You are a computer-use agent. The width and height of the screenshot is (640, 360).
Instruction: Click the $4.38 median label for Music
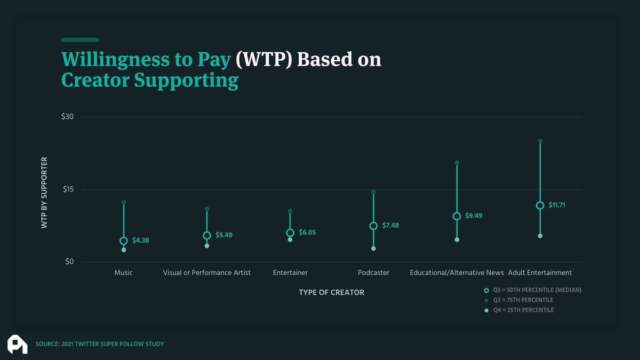pos(141,241)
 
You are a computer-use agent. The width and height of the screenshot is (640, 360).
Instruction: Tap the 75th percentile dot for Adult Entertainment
pos(540,141)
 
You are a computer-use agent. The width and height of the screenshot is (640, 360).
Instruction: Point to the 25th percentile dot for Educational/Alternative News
pos(457,239)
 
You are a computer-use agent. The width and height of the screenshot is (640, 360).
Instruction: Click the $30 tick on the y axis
pos(67,117)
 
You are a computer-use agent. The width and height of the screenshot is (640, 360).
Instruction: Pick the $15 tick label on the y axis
pos(68,189)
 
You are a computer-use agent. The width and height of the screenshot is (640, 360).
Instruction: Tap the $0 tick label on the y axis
pos(69,262)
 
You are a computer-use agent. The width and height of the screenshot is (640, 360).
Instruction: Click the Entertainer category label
pos(290,273)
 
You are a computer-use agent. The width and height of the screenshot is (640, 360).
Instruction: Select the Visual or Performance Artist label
pos(206,273)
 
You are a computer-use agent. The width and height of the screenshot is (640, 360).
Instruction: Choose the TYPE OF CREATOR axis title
pos(331,293)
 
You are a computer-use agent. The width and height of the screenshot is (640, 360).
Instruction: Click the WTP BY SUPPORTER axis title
pos(44,193)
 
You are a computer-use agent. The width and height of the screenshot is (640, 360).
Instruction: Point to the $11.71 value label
pos(557,205)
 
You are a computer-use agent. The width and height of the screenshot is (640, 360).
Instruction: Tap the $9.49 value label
pos(474,215)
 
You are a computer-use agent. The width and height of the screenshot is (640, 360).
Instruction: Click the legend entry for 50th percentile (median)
pos(533,290)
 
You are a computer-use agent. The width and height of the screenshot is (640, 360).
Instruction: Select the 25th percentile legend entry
pos(519,310)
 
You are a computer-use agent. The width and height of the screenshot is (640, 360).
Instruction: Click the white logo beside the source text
pos(18,345)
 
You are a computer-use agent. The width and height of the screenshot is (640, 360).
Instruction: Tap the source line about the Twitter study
pos(100,344)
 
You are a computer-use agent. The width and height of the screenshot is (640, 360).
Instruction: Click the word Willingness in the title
pos(115,60)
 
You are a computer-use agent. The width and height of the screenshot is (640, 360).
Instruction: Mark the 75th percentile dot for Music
pos(124,202)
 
